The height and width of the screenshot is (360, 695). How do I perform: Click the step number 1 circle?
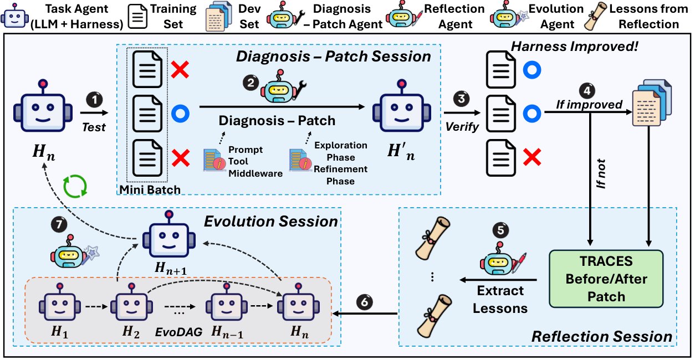point(94,100)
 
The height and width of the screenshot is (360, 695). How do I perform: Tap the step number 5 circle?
point(500,230)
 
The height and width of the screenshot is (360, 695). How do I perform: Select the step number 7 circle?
point(59,224)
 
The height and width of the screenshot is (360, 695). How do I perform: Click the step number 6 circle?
point(365,302)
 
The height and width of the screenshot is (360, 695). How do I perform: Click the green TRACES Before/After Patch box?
point(606,279)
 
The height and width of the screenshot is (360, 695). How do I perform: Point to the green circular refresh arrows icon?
point(75,186)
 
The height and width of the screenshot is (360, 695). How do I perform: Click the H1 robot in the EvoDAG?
point(60,302)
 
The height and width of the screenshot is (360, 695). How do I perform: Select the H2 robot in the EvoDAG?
point(131,302)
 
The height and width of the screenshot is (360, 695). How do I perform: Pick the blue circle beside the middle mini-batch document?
point(180,114)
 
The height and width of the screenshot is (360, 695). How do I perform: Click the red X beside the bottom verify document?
point(532,157)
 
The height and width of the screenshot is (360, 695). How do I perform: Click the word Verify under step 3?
point(462,127)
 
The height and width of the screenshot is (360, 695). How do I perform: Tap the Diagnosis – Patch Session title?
point(334,56)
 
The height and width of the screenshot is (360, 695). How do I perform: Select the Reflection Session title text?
point(601,336)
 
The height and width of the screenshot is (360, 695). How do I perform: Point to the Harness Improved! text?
point(574,47)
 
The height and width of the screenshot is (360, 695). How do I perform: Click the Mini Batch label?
point(150,189)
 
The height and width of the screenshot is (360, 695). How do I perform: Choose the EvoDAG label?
point(178,332)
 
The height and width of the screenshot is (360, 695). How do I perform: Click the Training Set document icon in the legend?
point(137,17)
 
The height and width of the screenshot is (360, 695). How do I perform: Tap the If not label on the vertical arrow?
point(601,174)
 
